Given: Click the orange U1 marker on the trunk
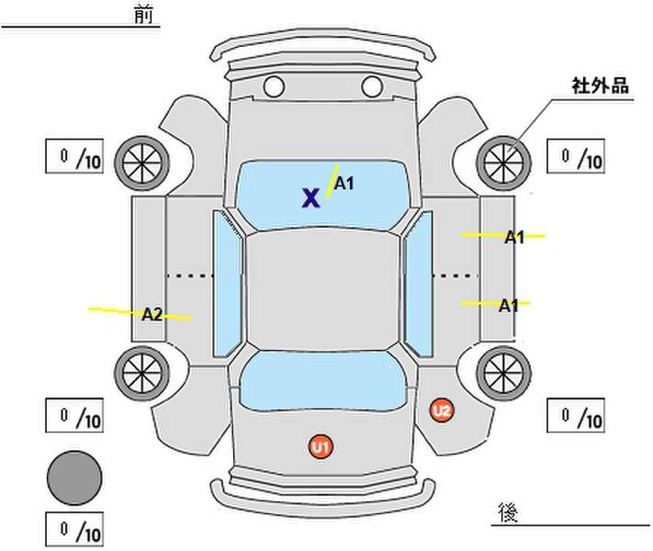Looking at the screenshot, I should [321, 447].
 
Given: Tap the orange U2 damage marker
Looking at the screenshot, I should [442, 410].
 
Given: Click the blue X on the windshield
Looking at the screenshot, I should [311, 197].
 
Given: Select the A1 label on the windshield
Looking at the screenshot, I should [343, 184].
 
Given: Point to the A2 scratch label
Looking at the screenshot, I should [152, 314].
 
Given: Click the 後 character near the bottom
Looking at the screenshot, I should [506, 511].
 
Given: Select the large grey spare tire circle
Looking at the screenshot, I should [74, 478].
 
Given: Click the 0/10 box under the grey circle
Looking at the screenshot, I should [74, 530].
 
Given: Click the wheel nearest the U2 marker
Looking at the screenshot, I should [503, 370].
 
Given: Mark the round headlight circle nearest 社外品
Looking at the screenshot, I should [372, 87].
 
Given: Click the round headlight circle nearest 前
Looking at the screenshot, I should [274, 87].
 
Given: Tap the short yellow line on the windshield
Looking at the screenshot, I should [332, 180].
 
